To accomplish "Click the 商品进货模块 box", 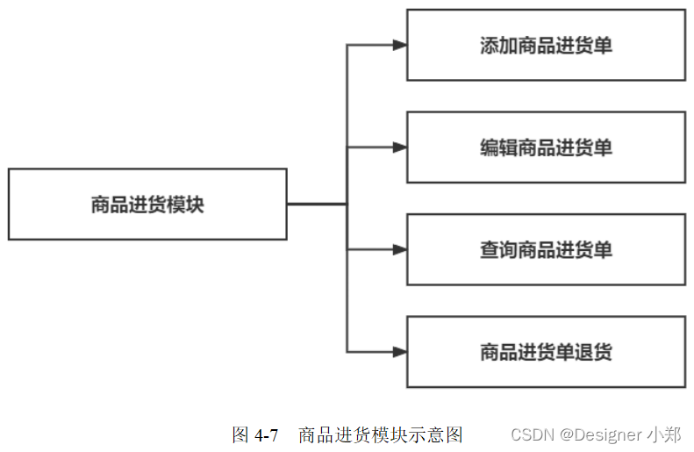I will pos(147,204).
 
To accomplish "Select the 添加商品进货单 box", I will pos(546,46).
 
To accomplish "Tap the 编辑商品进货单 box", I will pos(546,147).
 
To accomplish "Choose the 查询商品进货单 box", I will pos(546,250).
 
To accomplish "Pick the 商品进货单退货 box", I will pos(546,352).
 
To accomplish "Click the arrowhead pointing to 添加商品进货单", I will pos(399,46).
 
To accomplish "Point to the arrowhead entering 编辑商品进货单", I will pos(399,147).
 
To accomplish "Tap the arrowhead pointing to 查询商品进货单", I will pos(399,250).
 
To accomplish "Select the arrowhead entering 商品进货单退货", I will pos(399,352).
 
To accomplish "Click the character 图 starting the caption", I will pos(240,435).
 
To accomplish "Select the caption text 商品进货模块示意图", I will pos(380,435).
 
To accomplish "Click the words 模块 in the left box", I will pos(188,204).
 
